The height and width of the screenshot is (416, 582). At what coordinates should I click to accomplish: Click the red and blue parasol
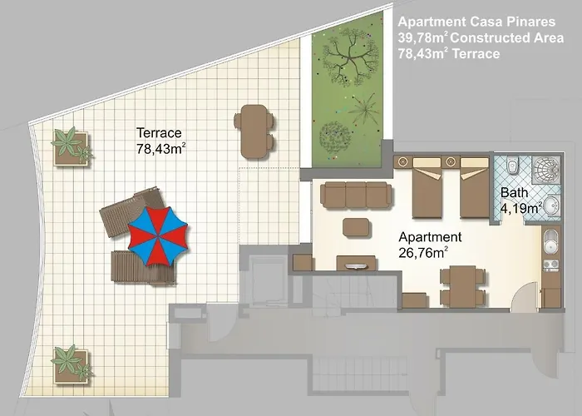click(x=158, y=236)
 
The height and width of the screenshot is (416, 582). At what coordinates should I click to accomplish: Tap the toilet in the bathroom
click(x=513, y=166)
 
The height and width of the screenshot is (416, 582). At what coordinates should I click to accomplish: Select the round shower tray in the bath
click(x=545, y=170)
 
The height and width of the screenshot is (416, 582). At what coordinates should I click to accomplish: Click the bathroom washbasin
click(x=553, y=206)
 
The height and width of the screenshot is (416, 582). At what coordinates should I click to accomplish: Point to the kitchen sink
click(x=550, y=242)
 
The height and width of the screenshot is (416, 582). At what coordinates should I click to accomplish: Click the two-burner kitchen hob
click(x=551, y=265)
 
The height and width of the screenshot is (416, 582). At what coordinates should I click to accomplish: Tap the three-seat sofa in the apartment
click(x=356, y=195)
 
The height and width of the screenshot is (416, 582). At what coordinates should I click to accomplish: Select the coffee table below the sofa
click(x=357, y=227)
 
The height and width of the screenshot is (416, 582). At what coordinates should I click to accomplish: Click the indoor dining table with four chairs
click(x=462, y=286)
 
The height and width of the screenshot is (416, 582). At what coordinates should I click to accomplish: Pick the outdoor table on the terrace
click(x=254, y=131)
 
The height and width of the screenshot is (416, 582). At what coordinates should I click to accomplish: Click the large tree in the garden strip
click(x=350, y=57)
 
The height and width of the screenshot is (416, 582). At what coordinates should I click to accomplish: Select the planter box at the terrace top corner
click(x=72, y=147)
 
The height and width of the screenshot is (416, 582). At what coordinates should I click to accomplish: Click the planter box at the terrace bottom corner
click(x=72, y=364)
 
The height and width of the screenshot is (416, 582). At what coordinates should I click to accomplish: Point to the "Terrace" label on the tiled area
click(x=159, y=132)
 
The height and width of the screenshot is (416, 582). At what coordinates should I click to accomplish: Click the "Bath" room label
click(x=514, y=192)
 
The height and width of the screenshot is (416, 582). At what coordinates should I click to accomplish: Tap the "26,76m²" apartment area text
click(x=423, y=253)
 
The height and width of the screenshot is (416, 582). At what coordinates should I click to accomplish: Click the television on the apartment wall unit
click(x=356, y=266)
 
